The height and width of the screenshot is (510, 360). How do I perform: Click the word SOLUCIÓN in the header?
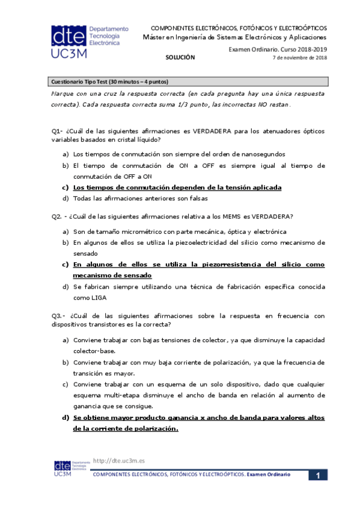(181, 57)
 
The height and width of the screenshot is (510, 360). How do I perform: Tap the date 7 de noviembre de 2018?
(300, 58)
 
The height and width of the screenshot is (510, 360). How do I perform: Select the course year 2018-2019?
(312, 49)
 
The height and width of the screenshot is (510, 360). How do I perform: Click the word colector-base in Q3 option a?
(94, 351)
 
